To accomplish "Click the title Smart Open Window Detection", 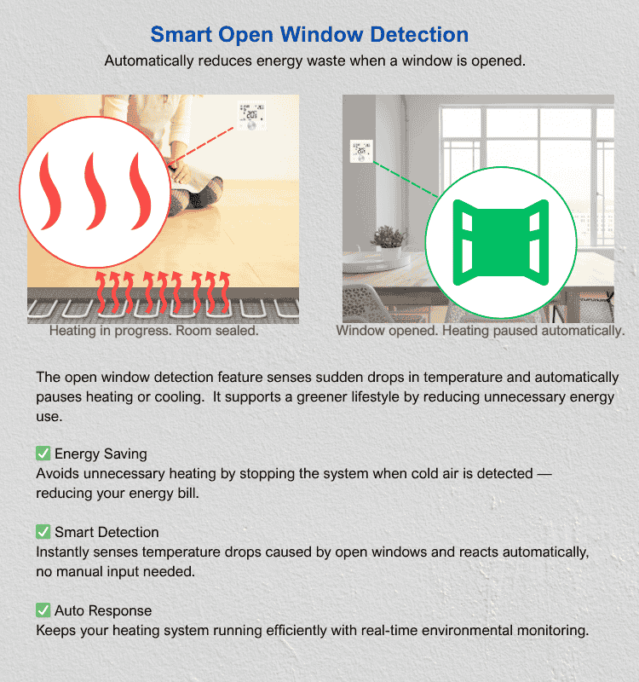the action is pyautogui.click(x=309, y=34).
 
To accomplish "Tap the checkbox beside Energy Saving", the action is pyautogui.click(x=43, y=454).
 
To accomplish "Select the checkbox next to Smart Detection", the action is pyautogui.click(x=43, y=531).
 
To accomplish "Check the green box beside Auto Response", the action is pyautogui.click(x=43, y=610).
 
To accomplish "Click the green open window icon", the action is pyautogui.click(x=501, y=242).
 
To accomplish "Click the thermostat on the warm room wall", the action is pyautogui.click(x=252, y=116).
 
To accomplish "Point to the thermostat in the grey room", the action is pyautogui.click(x=361, y=151).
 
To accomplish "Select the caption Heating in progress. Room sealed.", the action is pyautogui.click(x=154, y=331).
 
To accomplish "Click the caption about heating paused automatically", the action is pyautogui.click(x=481, y=331).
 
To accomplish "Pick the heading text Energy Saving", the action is pyautogui.click(x=101, y=454).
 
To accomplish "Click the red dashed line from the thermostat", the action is pyautogui.click(x=202, y=146).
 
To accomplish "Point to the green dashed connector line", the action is pyautogui.click(x=406, y=180).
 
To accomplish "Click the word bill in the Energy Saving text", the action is pyautogui.click(x=187, y=493).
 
